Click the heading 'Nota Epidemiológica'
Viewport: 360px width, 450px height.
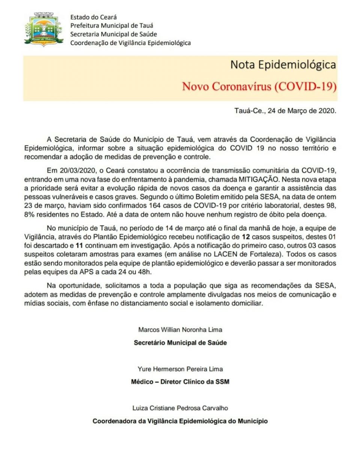(x=283, y=65)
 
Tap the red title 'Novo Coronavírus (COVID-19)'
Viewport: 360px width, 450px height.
(x=259, y=86)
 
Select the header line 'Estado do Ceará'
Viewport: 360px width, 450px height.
(x=93, y=17)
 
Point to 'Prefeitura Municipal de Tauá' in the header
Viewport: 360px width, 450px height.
(x=112, y=26)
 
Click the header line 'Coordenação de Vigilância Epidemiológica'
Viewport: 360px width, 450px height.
(x=130, y=43)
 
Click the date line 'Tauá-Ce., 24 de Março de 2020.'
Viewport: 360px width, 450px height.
(x=285, y=111)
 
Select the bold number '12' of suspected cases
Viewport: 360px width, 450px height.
(x=246, y=237)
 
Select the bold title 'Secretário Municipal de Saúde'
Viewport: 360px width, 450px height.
(x=180, y=342)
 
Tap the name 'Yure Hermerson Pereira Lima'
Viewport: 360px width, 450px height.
(x=180, y=369)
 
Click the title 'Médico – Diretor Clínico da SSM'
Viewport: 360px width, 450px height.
(x=180, y=382)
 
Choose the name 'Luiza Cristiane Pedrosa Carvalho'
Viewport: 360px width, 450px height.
(x=180, y=408)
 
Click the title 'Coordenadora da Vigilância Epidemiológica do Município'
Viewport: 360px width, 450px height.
(x=180, y=421)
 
